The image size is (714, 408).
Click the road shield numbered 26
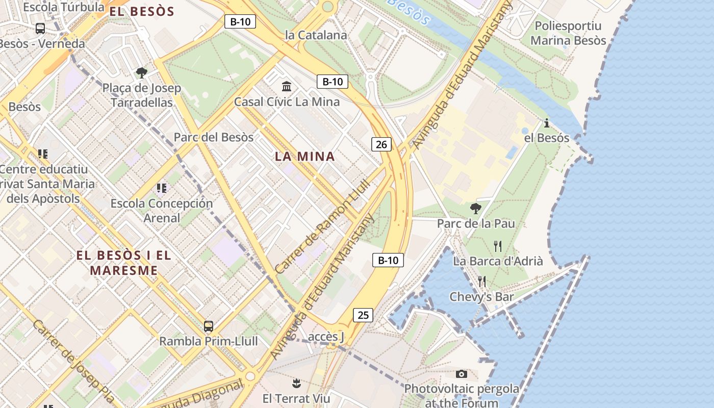[381, 144]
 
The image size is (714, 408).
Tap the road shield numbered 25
[363, 315]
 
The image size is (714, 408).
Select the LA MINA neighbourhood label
[305, 157]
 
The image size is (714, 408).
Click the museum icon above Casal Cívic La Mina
[287, 86]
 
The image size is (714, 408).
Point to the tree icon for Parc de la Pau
[475, 208]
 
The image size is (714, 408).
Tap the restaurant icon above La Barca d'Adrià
[498, 246]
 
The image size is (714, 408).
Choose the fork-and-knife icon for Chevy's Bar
[481, 281]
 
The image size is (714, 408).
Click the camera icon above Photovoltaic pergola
[462, 374]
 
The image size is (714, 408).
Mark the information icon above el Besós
[547, 123]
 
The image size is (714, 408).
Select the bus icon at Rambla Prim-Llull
[208, 326]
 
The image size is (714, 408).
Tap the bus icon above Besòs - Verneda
[40, 29]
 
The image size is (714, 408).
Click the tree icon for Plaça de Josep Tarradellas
[142, 73]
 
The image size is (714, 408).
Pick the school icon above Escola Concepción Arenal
[162, 188]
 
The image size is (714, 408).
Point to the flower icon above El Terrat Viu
[296, 383]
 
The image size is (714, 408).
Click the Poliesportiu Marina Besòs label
[568, 33]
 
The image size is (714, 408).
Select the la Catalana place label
[316, 35]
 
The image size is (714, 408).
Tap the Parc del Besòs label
[213, 137]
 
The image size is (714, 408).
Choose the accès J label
[326, 337]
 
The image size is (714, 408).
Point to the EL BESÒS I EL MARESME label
[124, 263]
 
